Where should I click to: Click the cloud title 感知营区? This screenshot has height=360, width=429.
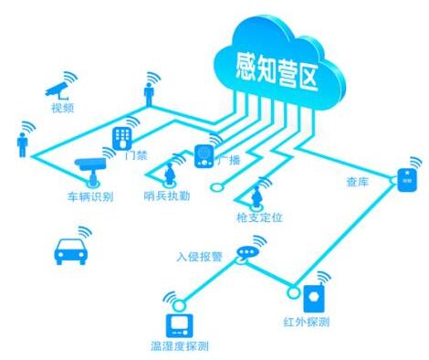pyautogui.click(x=277, y=72)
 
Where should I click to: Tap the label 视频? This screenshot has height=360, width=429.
pyautogui.click(x=63, y=108)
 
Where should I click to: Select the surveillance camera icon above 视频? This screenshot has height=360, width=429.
pyautogui.click(x=57, y=90)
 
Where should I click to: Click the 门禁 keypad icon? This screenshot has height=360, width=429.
pyautogui.click(x=122, y=138)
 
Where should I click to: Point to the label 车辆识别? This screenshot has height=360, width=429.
pyautogui.click(x=90, y=196)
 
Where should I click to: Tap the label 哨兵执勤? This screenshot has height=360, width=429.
pyautogui.click(x=167, y=196)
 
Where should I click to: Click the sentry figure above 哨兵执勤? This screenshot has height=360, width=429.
pyautogui.click(x=169, y=175)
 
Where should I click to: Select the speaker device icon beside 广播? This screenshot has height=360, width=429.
pyautogui.click(x=204, y=156)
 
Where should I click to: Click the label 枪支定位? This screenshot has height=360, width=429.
pyautogui.click(x=259, y=217)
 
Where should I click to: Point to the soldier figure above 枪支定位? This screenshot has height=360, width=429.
pyautogui.click(x=256, y=196)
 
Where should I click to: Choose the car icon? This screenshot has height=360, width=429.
pyautogui.click(x=71, y=251)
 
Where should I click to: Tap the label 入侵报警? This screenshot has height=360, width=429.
pyautogui.click(x=200, y=257)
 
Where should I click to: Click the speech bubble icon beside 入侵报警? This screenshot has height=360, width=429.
pyautogui.click(x=247, y=253)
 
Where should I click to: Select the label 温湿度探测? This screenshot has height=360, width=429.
pyautogui.click(x=180, y=346)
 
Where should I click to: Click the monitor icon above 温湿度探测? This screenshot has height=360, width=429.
pyautogui.click(x=180, y=326)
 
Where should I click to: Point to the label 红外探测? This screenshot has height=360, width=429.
pyautogui.click(x=307, y=322)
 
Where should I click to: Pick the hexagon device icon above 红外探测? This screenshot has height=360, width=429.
pyautogui.click(x=314, y=298)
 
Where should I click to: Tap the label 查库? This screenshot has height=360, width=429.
pyautogui.click(x=358, y=182)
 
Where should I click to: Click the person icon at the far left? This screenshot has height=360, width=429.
pyautogui.click(x=22, y=145)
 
